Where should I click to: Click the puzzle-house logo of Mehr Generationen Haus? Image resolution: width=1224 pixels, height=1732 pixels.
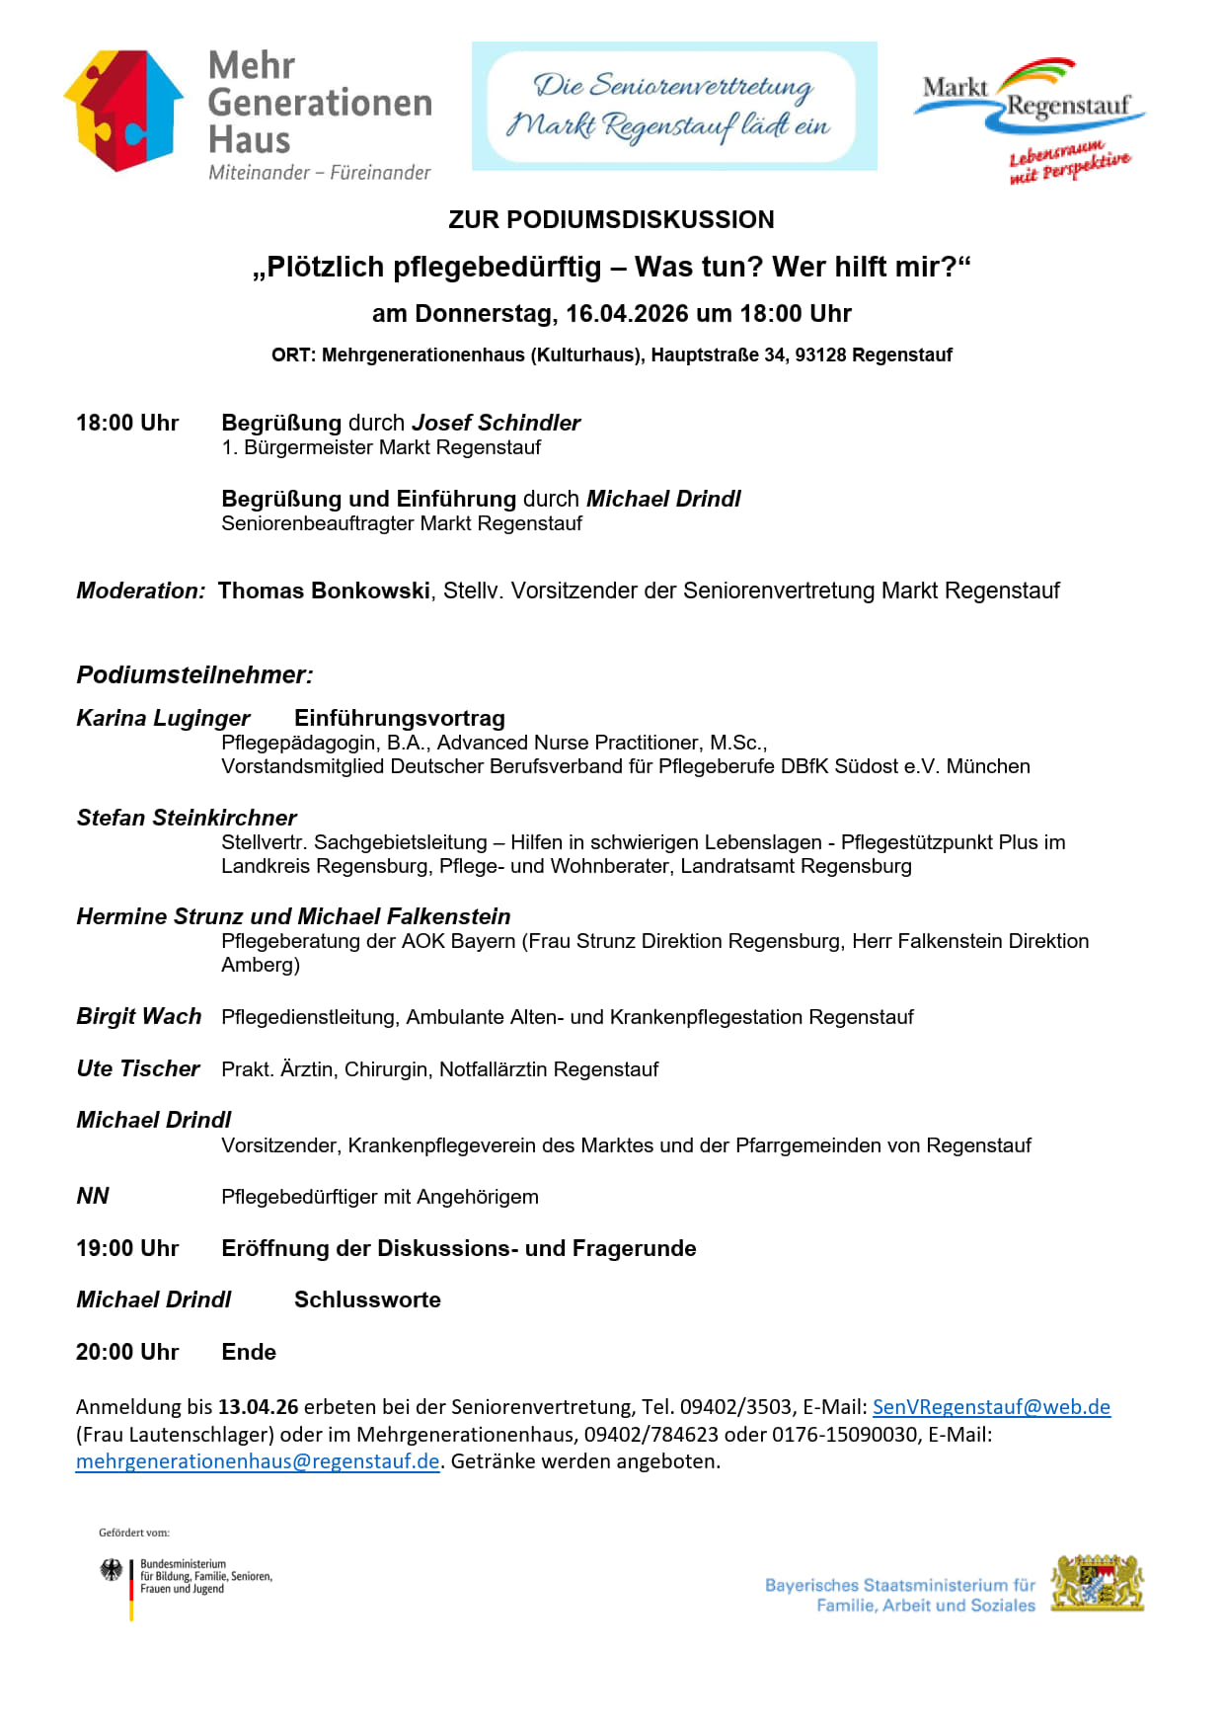coord(124,111)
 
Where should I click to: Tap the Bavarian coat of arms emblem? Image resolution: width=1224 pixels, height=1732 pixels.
coord(1098,1584)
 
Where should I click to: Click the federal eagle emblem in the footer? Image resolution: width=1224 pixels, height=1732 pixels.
coord(112,1570)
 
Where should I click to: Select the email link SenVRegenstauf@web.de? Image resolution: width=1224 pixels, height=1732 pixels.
coord(991,1407)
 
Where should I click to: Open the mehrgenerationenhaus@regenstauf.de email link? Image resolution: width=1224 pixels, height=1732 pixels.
coord(258,1461)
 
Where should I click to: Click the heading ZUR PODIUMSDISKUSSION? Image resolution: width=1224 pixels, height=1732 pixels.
coord(611,219)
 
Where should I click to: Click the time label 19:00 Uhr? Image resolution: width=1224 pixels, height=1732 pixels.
coord(127,1248)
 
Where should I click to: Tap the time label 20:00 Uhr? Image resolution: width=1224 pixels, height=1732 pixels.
coord(127,1352)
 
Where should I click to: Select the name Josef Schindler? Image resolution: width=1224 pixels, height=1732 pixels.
coord(496,423)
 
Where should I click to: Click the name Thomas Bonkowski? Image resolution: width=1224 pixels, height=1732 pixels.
coord(324,590)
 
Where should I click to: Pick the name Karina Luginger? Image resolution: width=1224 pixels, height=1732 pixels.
coord(163,718)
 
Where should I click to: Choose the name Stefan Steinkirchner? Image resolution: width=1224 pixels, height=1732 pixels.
coord(187,818)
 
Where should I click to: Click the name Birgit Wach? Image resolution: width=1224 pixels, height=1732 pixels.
coord(139,1016)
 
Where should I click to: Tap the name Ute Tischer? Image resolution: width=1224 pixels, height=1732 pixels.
coord(138,1068)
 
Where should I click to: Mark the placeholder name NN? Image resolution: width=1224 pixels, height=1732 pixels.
coord(93,1196)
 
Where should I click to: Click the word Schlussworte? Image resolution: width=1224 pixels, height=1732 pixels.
coord(367,1299)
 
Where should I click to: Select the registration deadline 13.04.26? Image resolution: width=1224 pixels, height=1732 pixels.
coord(258,1407)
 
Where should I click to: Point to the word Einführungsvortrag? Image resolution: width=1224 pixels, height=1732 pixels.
coord(400,718)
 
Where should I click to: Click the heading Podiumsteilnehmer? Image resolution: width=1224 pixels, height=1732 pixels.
coord(194,675)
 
